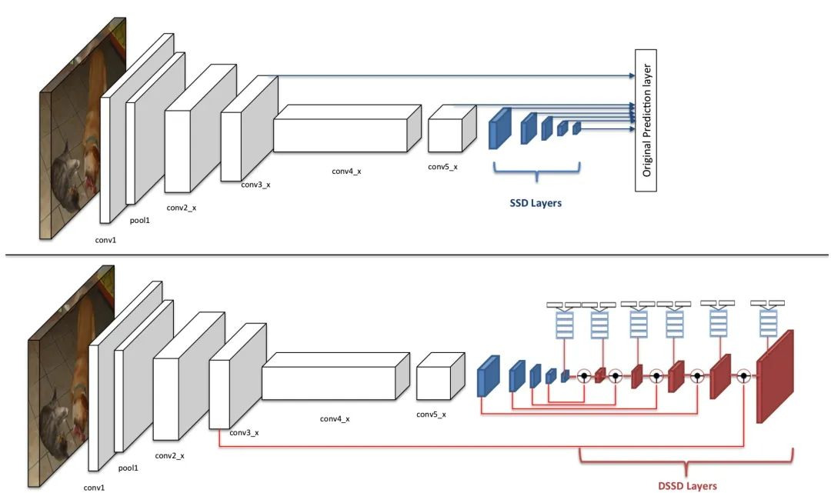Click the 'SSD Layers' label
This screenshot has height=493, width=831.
point(536,204)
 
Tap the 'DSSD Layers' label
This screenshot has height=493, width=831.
point(687,485)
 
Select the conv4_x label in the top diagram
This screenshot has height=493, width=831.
point(346,171)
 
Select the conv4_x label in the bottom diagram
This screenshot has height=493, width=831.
point(335,419)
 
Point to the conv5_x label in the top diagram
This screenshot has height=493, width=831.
point(443,167)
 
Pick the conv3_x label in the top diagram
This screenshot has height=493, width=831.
point(256,185)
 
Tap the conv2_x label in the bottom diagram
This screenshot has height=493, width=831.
point(169,455)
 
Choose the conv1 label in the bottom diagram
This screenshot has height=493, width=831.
point(96,487)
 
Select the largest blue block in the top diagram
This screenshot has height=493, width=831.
point(500,128)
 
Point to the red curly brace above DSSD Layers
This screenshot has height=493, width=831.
point(685,461)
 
